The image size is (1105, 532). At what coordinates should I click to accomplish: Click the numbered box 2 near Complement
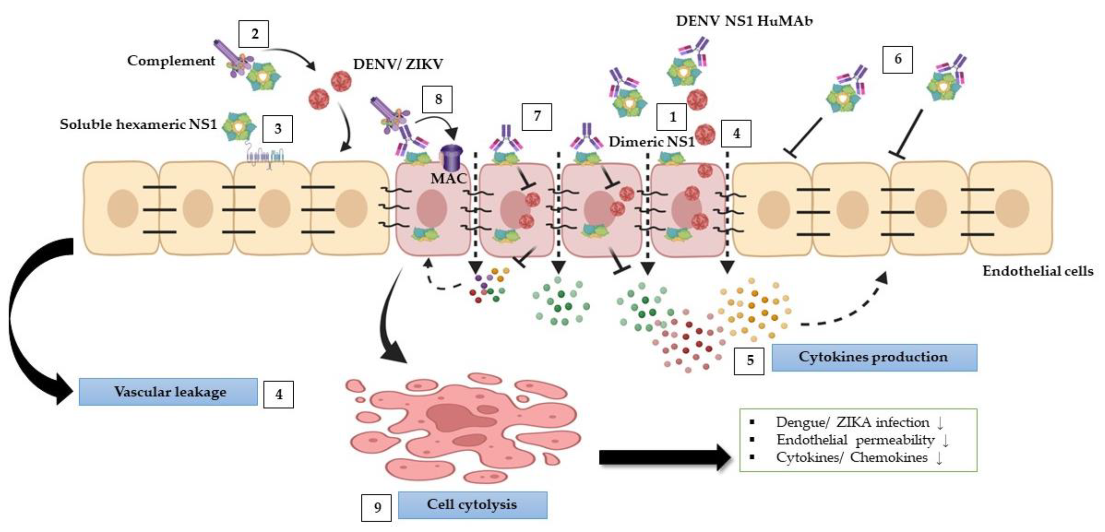254,34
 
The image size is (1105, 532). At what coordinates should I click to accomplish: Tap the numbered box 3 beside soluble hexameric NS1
278,129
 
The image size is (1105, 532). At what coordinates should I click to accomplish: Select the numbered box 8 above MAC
438,99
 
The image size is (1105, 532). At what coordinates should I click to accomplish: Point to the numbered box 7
537,116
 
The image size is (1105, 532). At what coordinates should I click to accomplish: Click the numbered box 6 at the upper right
897,59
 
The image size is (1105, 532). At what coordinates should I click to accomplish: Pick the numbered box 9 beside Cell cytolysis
376,508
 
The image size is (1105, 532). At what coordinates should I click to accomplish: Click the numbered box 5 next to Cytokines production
749,360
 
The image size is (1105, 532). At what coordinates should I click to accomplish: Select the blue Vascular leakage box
168,392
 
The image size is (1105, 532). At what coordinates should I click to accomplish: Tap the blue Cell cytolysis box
472,505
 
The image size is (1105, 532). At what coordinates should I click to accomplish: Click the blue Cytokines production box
874,357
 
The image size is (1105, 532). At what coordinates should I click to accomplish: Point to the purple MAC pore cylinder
452,159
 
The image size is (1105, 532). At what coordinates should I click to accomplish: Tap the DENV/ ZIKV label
398,64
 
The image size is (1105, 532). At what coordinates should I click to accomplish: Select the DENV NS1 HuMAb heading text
744,21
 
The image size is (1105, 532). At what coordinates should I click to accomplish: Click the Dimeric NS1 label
651,141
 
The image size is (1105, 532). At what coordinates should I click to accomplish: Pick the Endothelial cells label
1038,271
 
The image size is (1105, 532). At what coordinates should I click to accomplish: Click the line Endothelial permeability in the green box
856,440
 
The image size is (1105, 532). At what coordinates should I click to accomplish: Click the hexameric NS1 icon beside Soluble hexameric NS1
239,127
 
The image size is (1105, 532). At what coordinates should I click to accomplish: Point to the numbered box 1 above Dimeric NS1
672,117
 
